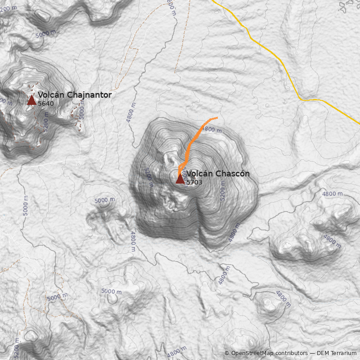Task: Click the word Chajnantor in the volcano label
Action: (x=89, y=95)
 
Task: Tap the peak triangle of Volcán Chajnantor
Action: (x=31, y=100)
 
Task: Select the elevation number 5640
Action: (x=46, y=103)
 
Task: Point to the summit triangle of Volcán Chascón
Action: (x=180, y=179)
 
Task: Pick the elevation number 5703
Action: (x=194, y=182)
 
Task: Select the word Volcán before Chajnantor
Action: (x=51, y=95)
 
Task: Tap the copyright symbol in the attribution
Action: (x=227, y=353)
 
